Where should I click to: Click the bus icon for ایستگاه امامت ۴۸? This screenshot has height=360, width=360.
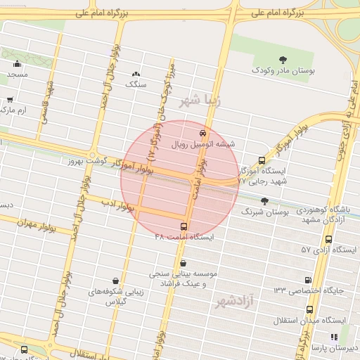click(x=184, y=226)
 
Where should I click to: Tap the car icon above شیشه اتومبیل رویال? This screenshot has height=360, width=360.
click(x=203, y=132)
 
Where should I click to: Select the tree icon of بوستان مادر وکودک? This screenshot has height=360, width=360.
click(x=283, y=60)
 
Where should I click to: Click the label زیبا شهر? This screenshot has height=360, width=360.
click(x=200, y=101)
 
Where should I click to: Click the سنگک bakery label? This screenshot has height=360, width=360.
click(x=136, y=84)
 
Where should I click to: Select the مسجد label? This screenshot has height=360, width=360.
click(x=18, y=74)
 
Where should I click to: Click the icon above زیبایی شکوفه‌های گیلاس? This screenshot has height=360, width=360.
click(x=115, y=280)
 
